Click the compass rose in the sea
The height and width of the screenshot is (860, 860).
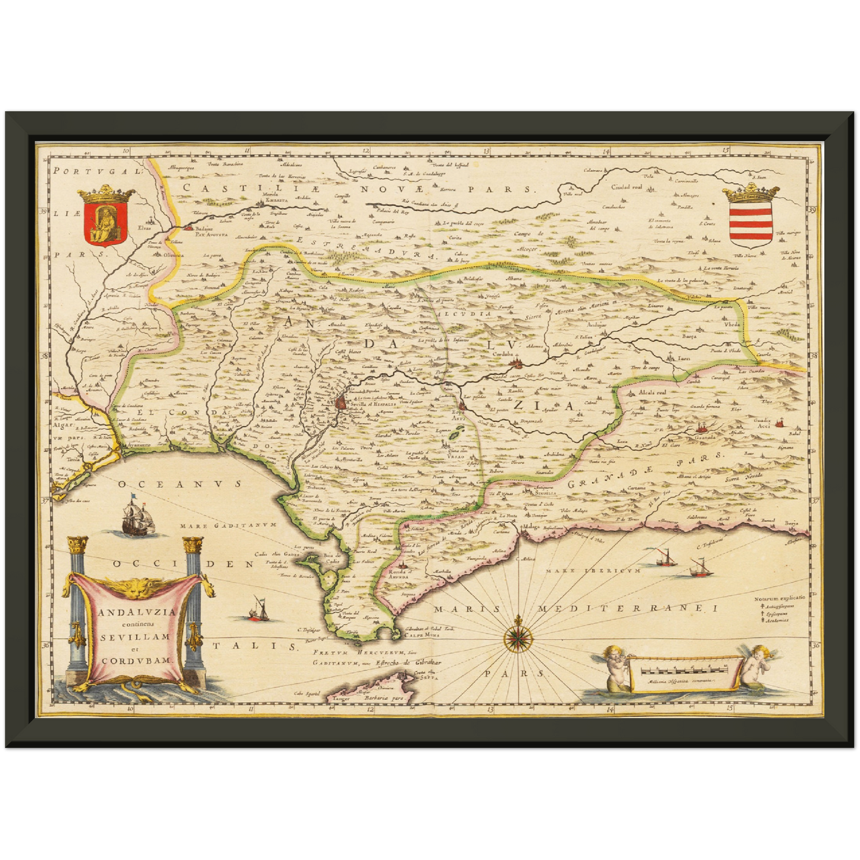tap(518, 637)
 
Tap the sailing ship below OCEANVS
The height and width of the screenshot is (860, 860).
tap(138, 517)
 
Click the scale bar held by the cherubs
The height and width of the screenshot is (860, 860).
tap(684, 671)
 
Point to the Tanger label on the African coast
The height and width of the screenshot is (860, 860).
tap(340, 699)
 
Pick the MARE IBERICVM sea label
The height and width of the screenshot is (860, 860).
tap(603, 571)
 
